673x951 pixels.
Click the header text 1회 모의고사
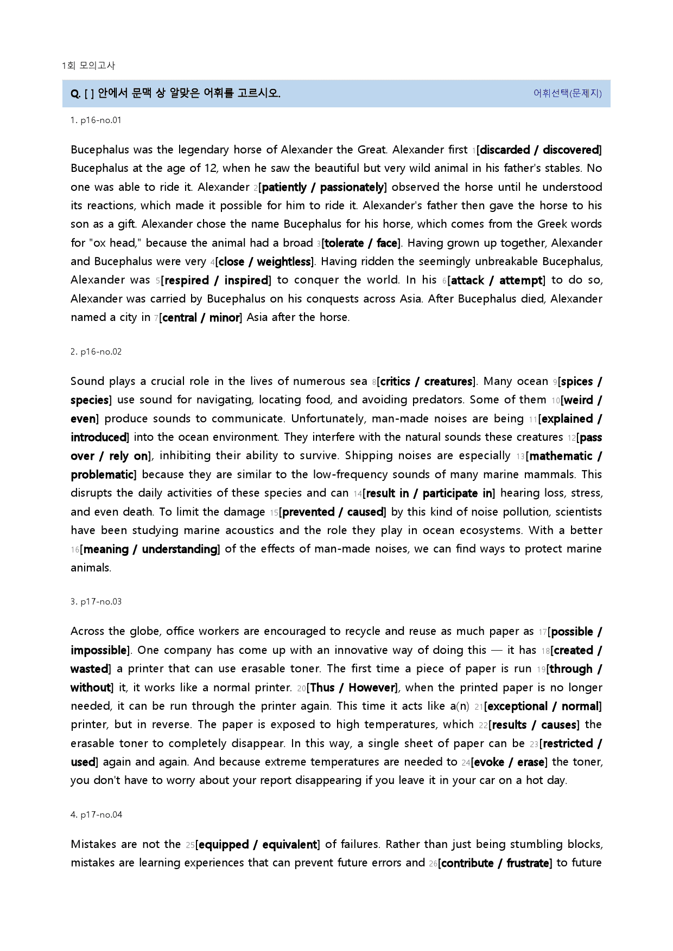click(88, 66)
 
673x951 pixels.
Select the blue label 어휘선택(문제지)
click(567, 93)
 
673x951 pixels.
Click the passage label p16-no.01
click(96, 120)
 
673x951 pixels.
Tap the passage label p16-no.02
click(96, 352)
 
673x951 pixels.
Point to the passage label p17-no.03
click(96, 602)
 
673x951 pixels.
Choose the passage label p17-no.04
click(96, 815)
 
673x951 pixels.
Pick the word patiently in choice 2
click(284, 188)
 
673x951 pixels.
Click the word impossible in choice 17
click(98, 651)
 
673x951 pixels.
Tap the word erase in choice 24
click(530, 762)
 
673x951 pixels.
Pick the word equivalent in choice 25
click(289, 845)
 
